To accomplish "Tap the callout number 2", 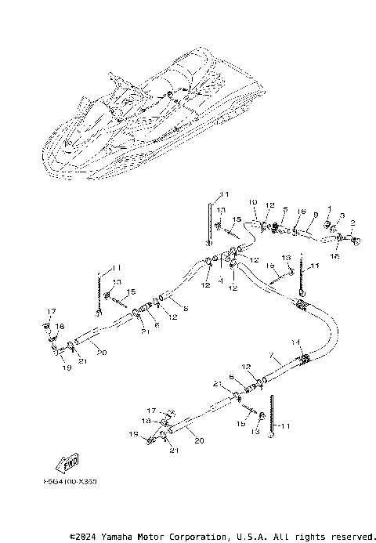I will click(353, 223).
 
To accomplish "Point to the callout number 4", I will click(222, 278).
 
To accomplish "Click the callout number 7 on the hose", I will click(269, 356).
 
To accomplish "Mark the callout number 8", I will click(186, 310).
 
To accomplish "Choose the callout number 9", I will click(315, 215).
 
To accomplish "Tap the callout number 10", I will click(253, 202).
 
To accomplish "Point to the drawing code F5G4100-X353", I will click(65, 482).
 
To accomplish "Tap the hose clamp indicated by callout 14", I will click(303, 360).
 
